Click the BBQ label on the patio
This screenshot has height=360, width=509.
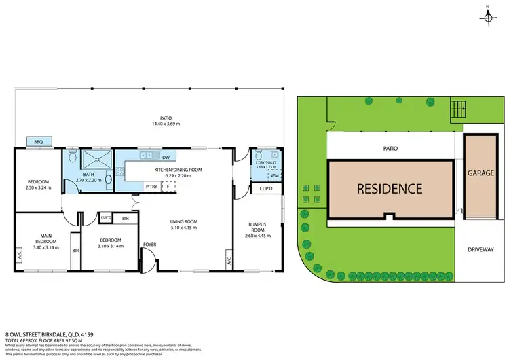pyautogui.click(x=39, y=142)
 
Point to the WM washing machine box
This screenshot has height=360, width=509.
pyautogui.click(x=275, y=176)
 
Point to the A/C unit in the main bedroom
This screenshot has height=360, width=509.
pyautogui.click(x=19, y=256)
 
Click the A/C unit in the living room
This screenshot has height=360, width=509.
pyautogui.click(x=229, y=260)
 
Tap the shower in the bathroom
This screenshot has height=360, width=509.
pyautogui.click(x=95, y=160)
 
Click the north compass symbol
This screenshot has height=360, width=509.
pyautogui.click(x=487, y=16)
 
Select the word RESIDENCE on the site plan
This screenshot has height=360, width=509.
pyautogui.click(x=390, y=189)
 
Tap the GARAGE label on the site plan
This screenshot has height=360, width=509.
pyautogui.click(x=480, y=173)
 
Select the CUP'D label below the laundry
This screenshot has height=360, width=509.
pyautogui.click(x=266, y=190)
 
